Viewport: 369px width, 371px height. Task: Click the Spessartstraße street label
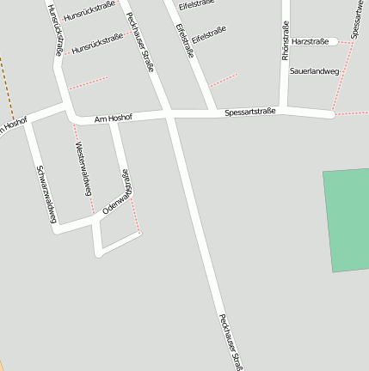click(249, 113)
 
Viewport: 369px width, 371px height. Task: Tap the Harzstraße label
click(310, 41)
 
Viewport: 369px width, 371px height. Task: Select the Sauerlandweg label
click(314, 70)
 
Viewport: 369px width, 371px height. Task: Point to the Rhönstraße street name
click(285, 40)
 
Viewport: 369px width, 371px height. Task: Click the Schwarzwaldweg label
click(46, 193)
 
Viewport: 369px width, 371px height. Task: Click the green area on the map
click(346, 220)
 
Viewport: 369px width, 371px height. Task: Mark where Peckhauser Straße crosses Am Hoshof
click(169, 114)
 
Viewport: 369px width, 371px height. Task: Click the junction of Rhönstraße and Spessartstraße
click(285, 108)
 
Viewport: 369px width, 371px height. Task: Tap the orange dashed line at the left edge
click(8, 86)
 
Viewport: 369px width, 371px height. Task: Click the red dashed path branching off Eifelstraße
click(224, 80)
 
